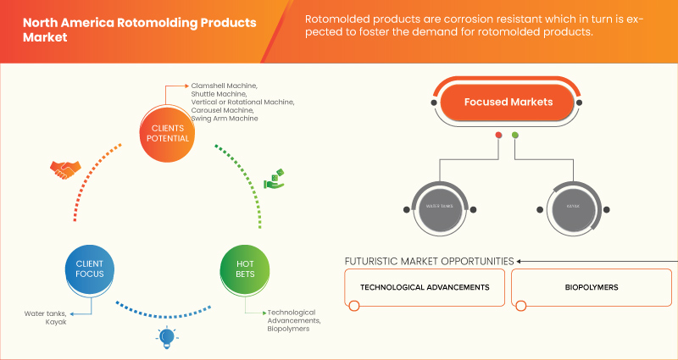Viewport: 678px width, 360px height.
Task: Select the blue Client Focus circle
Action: click(89, 269)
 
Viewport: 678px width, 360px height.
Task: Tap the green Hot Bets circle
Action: click(244, 269)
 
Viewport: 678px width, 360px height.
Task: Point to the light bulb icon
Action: click(166, 338)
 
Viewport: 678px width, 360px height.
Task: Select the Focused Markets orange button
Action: click(508, 102)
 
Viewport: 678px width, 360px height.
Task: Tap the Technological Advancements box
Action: click(425, 288)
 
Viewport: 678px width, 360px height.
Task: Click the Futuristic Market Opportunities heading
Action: click(428, 260)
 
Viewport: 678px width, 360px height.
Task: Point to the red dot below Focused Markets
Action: click(498, 136)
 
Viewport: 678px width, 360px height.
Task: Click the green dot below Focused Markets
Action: click(515, 136)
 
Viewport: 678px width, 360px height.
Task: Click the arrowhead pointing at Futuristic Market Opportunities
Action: click(520, 261)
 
